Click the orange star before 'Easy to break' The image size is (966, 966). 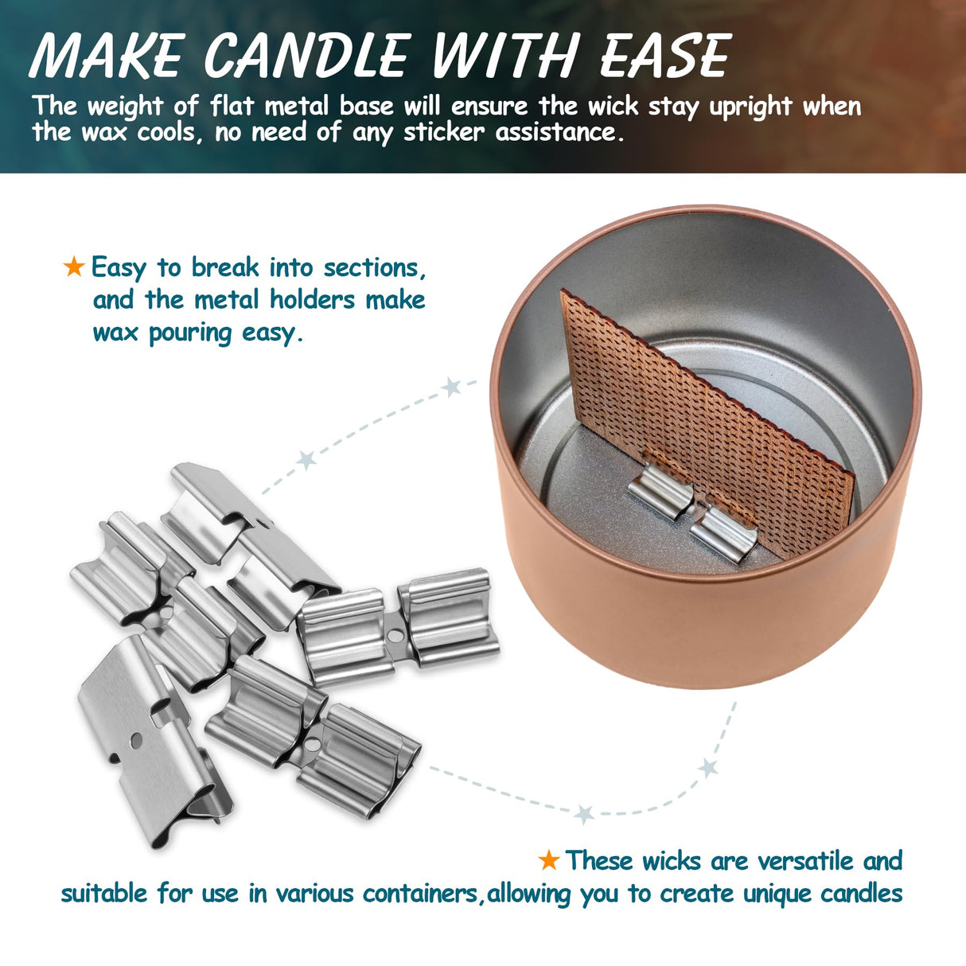pos(74,267)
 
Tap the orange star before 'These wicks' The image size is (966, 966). pos(548,859)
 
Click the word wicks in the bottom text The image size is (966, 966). pos(673,861)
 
